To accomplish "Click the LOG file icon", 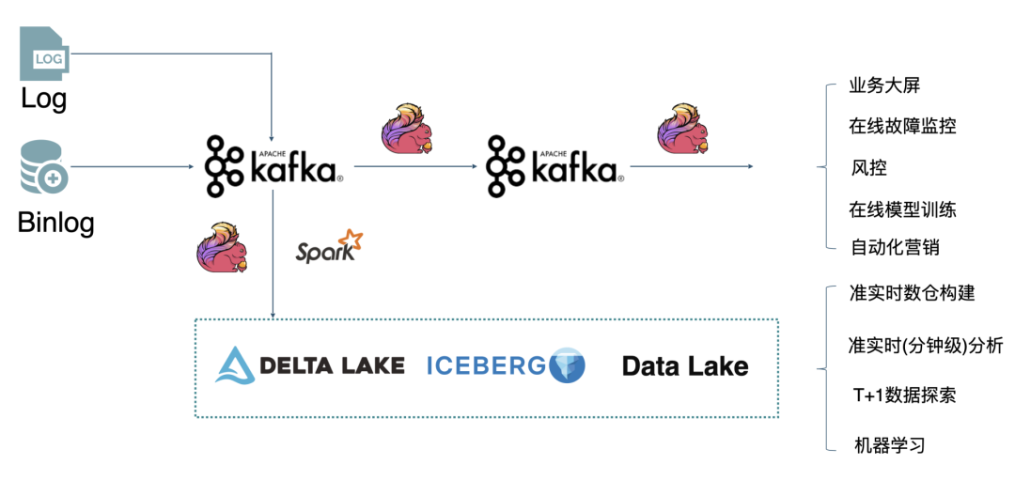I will pyautogui.click(x=43, y=54).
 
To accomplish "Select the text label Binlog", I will pyautogui.click(x=56, y=223).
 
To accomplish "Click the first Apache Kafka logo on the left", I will pyautogui.click(x=273, y=167).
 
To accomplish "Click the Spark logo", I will pyautogui.click(x=329, y=247).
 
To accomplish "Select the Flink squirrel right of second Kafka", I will pyautogui.click(x=682, y=129).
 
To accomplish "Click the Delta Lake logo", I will pyautogui.click(x=310, y=365).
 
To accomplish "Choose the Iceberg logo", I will pyautogui.click(x=506, y=365).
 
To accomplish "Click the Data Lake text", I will pyautogui.click(x=685, y=366).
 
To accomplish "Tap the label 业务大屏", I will pyautogui.click(x=884, y=85).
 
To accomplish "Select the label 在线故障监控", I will pyautogui.click(x=902, y=126).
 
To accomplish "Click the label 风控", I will pyautogui.click(x=868, y=168).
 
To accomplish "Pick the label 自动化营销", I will pyautogui.click(x=895, y=248).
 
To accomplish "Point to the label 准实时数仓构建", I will pyautogui.click(x=912, y=293).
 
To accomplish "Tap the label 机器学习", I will pyautogui.click(x=889, y=444).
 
